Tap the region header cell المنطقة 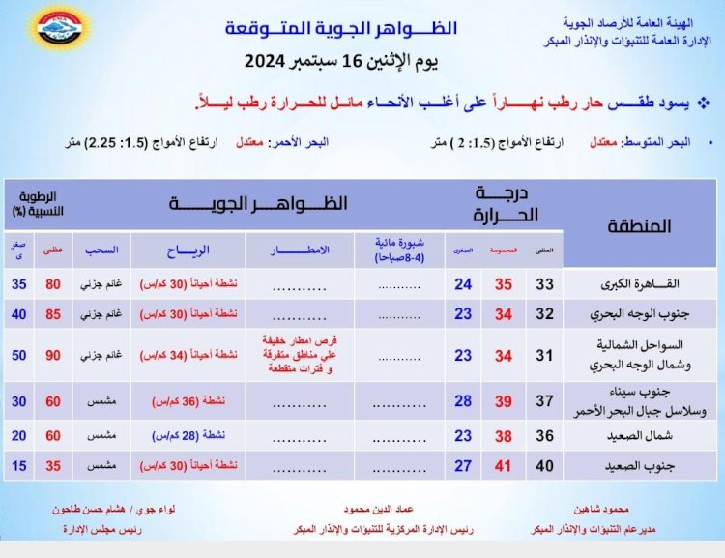click(x=640, y=227)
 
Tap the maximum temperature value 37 click(x=546, y=401)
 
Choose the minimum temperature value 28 click(x=463, y=401)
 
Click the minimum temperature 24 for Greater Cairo click(x=463, y=284)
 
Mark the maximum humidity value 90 click(x=54, y=355)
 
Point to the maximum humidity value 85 click(x=54, y=315)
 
